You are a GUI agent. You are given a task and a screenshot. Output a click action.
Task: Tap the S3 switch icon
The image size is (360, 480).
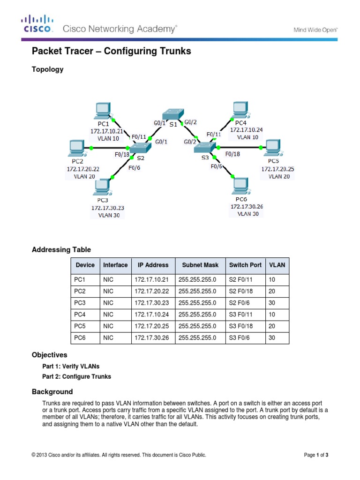click(203, 148)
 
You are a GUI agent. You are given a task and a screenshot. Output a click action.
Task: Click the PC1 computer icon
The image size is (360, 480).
click(102, 111)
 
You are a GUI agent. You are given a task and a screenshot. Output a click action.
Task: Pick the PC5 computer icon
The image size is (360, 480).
click(272, 147)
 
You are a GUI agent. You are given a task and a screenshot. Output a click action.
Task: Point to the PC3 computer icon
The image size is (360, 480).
click(101, 187)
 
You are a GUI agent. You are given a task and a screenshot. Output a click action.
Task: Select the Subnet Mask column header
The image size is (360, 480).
click(200, 265)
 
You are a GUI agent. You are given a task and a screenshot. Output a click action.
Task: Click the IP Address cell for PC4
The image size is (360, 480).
click(153, 314)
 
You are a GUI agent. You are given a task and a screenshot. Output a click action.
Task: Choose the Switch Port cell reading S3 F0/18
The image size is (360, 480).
click(245, 326)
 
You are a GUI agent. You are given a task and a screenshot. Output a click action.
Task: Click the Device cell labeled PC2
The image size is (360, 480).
click(80, 291)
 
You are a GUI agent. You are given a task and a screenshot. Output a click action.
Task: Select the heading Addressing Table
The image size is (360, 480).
click(61, 249)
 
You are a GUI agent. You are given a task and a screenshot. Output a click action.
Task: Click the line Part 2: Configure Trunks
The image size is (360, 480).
click(77, 376)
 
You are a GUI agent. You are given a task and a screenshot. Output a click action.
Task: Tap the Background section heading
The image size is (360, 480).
click(52, 391)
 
